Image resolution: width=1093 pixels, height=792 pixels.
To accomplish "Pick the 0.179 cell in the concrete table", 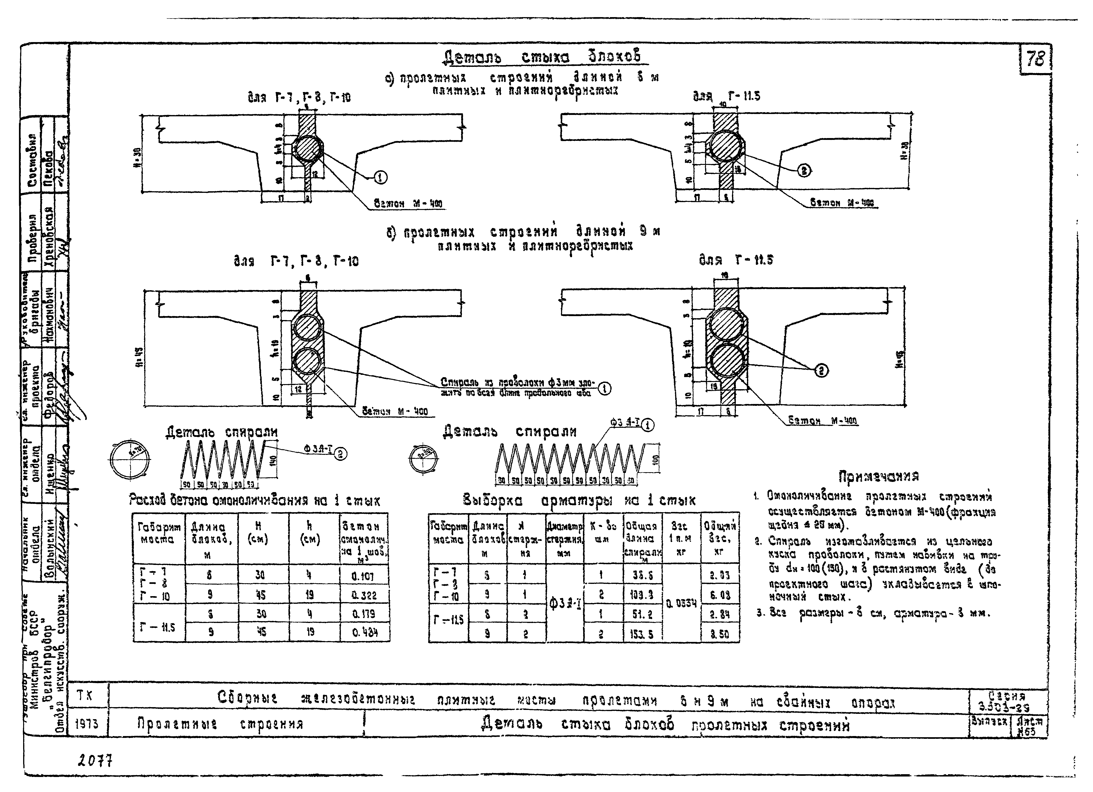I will [x=364, y=614].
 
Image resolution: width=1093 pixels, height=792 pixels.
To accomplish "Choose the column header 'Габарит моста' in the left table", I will [x=158, y=534].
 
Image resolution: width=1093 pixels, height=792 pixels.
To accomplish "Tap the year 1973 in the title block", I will [x=87, y=724].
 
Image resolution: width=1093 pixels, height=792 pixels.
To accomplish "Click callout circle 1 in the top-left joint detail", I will [x=381, y=178].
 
